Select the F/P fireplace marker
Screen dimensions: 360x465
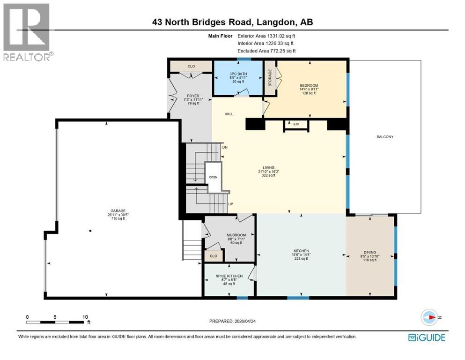[x=295, y=125]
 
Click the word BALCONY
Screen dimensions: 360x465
[x=384, y=137]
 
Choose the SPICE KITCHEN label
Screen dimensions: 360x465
[x=229, y=276]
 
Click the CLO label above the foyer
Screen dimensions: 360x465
[x=191, y=66]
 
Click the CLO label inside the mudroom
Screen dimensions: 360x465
[x=214, y=256]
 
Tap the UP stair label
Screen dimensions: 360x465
[x=230, y=204]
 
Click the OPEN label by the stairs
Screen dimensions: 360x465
[x=213, y=177]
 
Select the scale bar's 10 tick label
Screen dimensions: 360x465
[x=85, y=317]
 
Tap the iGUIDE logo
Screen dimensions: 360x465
[x=427, y=337]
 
